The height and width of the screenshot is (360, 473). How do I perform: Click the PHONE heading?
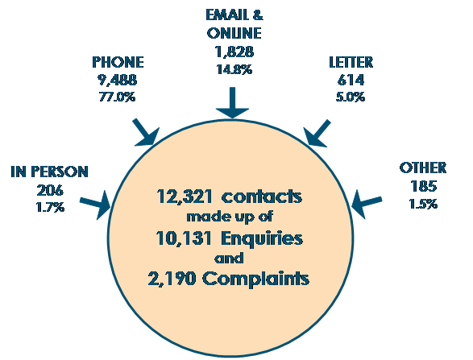(118, 62)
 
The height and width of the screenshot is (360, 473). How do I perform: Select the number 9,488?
(117, 81)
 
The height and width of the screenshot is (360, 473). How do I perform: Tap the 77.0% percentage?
(117, 97)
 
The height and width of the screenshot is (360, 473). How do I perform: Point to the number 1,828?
(234, 52)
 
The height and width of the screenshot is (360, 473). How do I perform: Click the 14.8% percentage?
(234, 69)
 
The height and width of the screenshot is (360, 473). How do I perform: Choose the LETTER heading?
(351, 62)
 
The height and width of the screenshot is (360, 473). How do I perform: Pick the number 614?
(351, 81)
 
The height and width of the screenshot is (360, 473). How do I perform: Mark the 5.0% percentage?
(351, 97)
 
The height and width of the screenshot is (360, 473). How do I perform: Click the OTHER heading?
(422, 168)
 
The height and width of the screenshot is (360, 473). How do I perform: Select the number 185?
(423, 186)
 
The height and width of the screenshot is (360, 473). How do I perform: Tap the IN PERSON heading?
(49, 172)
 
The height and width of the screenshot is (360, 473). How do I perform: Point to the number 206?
(50, 190)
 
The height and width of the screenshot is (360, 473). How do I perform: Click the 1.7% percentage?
(50, 207)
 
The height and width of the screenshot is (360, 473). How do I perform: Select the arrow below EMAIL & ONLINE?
(232, 103)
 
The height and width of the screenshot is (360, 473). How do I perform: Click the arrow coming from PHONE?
(146, 133)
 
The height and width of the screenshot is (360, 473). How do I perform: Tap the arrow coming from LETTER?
(317, 134)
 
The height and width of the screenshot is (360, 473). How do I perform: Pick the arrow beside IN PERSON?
(95, 205)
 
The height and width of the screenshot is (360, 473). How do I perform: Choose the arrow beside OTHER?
(367, 204)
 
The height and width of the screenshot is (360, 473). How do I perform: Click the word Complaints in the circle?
(255, 279)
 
